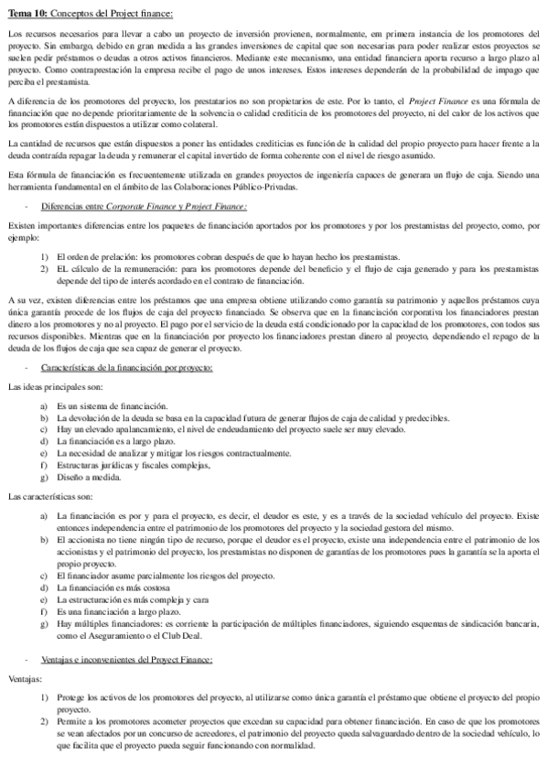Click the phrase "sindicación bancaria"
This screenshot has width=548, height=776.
(498, 624)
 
